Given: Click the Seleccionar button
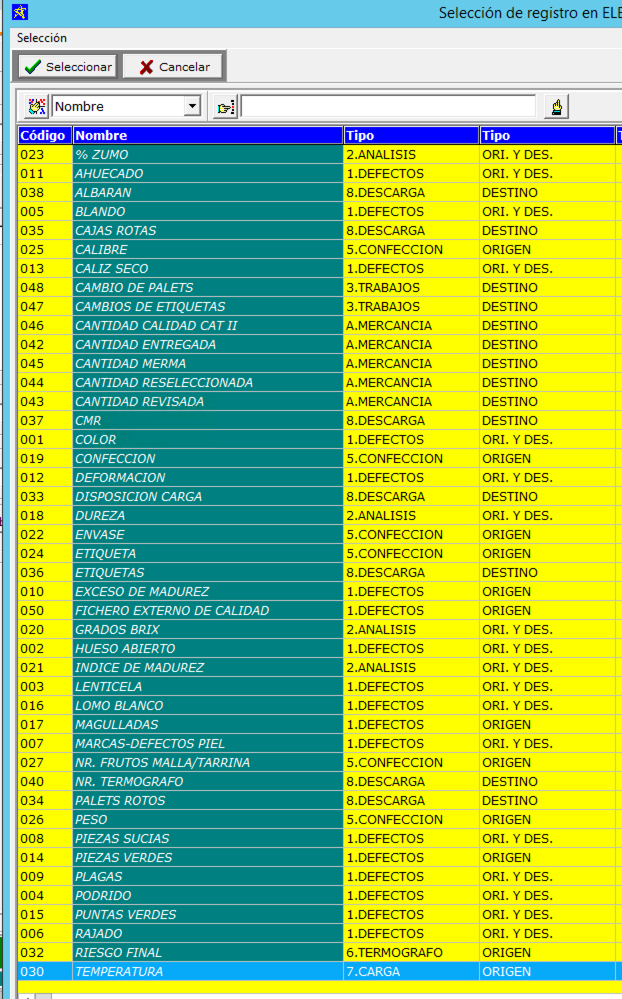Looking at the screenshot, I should point(68,67).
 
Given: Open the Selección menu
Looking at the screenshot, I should point(41,38).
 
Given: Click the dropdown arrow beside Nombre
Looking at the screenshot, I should point(192,106).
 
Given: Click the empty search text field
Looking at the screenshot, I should point(388,106).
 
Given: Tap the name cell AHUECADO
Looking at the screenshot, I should point(109,173).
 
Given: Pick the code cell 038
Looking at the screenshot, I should point(32,192).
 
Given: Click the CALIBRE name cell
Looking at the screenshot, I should point(101,249).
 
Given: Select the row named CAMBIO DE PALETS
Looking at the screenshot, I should point(134,287).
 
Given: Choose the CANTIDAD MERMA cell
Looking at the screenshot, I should point(130,363).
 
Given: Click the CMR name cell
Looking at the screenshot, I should point(88,420).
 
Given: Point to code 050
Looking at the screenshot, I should point(32,610).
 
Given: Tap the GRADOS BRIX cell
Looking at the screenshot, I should point(117,629).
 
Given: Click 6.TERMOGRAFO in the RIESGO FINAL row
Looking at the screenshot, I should point(394,952).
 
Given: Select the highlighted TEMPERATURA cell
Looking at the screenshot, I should point(119,971).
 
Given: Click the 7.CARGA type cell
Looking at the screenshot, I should point(373,971).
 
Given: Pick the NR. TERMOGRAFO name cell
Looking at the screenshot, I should point(129,781).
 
